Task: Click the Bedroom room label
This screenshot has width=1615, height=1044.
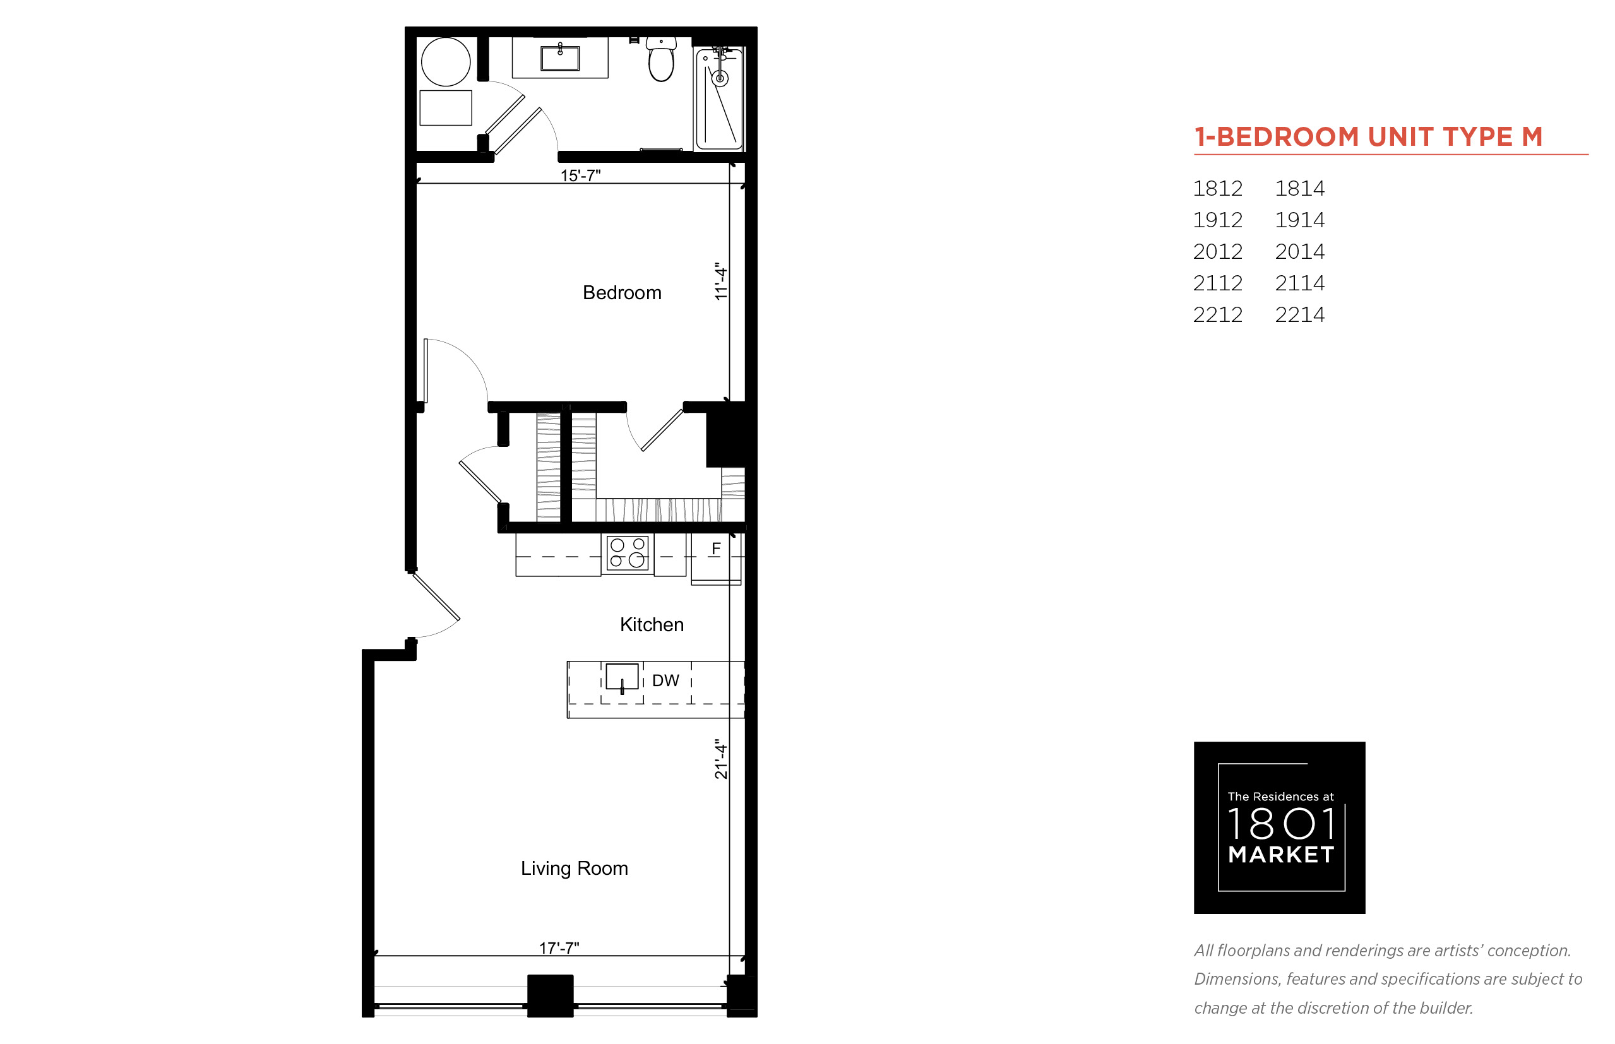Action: pos(622,293)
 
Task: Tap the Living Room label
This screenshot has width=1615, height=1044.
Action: pos(575,869)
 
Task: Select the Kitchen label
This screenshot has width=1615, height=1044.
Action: pos(652,624)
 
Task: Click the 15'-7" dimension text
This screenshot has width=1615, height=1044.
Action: pos(580,175)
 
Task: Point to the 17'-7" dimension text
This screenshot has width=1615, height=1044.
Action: pos(559,947)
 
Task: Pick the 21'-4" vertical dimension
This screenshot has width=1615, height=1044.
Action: pos(721,759)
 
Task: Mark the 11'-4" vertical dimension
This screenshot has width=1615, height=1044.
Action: pos(721,282)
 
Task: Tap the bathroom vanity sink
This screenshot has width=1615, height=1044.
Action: pos(560,57)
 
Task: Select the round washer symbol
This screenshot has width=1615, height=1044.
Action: pos(446,62)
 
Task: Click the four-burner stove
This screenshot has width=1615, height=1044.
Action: pos(627,553)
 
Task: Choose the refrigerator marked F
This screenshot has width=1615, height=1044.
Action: pos(716,559)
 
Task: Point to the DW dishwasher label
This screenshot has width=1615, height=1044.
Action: pos(665,680)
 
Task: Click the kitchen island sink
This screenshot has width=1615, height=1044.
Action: pos(622,677)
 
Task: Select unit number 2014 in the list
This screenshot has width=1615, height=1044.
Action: pos(1299,251)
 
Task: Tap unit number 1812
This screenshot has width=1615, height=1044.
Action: pos(1218,189)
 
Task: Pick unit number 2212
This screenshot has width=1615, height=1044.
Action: pos(1218,314)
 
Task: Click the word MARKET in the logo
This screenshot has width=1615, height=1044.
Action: pos(1281,855)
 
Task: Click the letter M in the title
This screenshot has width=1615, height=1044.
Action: pos(1532,137)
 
